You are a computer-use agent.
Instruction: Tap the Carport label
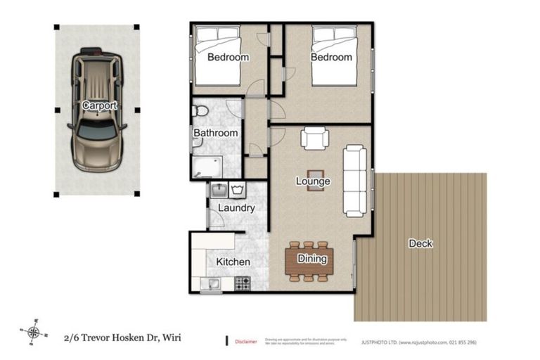[x=98, y=105]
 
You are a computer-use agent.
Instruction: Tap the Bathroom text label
[x=215, y=133]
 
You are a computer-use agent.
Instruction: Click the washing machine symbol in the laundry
[x=238, y=190]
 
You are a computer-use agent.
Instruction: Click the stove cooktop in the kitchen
[x=242, y=283]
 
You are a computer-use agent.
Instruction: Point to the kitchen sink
[x=210, y=283]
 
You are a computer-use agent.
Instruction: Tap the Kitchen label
[x=233, y=262]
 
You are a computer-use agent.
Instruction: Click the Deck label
[x=420, y=243]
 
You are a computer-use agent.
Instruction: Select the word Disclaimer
[x=245, y=340]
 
